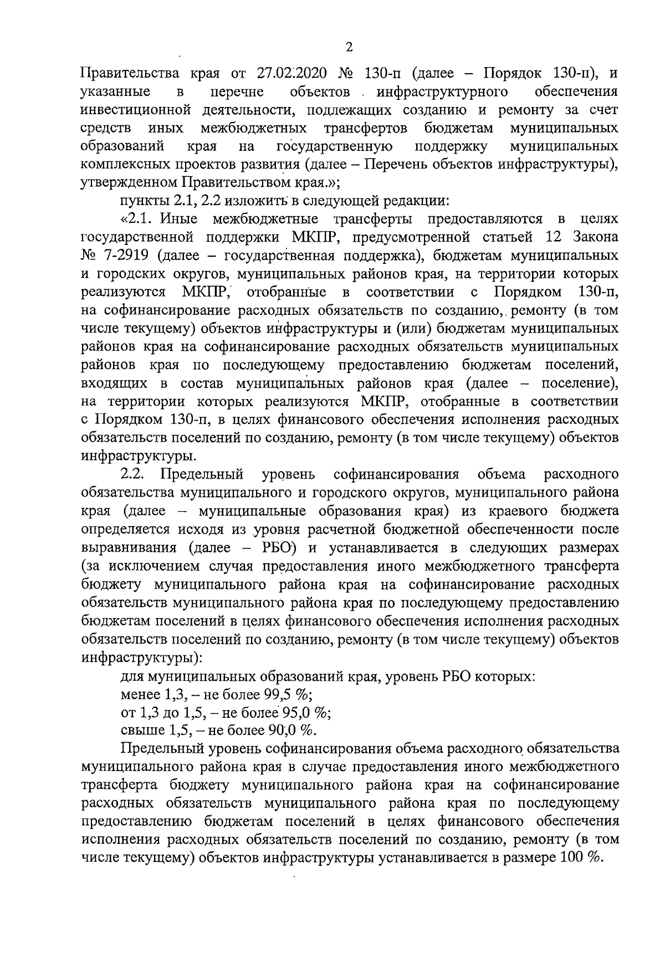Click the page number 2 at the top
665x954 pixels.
(x=349, y=48)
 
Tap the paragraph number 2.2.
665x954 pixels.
(x=133, y=475)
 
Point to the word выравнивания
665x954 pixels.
(x=129, y=548)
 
